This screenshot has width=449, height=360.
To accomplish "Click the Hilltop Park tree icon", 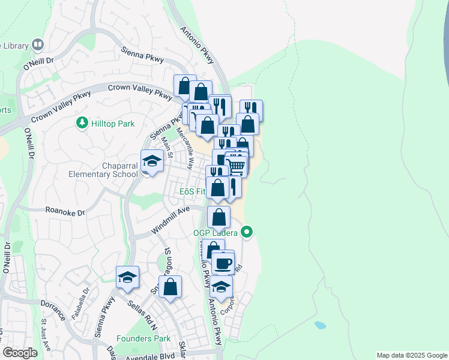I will click(x=82, y=123).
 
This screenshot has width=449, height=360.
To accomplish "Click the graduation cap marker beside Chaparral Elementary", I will click(x=152, y=162).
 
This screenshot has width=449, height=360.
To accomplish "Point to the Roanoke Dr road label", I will click(x=65, y=211).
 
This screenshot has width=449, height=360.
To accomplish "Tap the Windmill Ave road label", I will click(x=170, y=220).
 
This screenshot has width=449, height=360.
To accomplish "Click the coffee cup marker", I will click(x=223, y=262).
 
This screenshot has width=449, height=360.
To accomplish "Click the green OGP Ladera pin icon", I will click(x=247, y=232).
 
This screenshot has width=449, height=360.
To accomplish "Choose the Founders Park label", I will click(x=144, y=339).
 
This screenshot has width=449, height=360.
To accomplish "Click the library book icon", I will click(x=38, y=44).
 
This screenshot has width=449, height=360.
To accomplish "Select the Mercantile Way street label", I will click(x=185, y=151).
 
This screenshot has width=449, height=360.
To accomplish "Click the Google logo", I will click(x=20, y=353).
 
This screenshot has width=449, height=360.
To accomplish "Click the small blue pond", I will click(x=320, y=326).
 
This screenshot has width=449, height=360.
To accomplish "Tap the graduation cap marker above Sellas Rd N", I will click(x=127, y=277).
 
